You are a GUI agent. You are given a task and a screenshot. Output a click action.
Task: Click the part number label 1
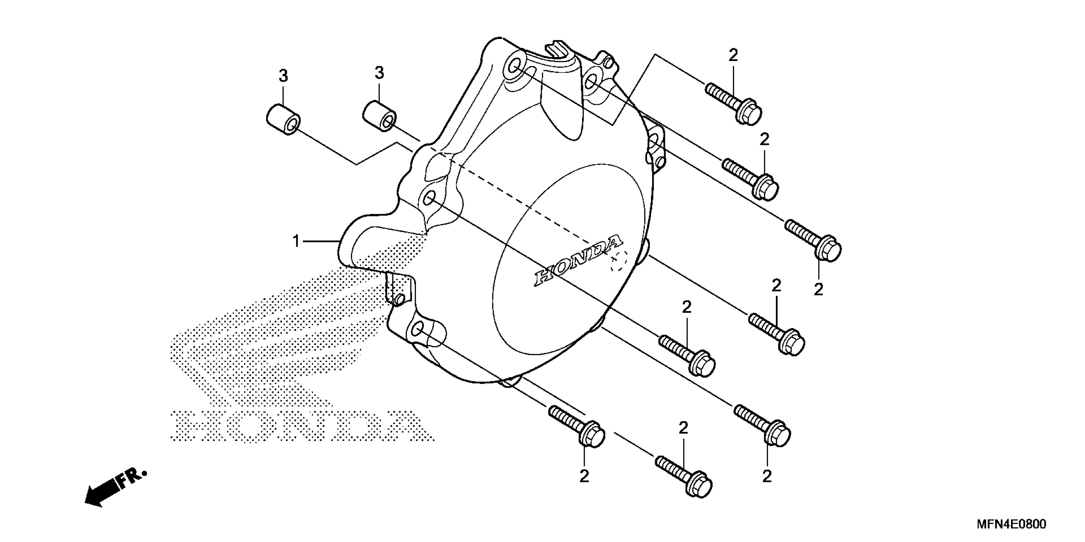pos(296,241)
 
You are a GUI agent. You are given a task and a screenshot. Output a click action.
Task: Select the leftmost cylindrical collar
pos(283,120)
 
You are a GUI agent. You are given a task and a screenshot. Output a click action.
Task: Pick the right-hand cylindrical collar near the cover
pos(379,116)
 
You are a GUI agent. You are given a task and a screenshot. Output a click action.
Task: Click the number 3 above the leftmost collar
pos(283,76)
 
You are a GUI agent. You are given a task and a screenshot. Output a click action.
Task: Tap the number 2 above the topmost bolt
pos(733,55)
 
